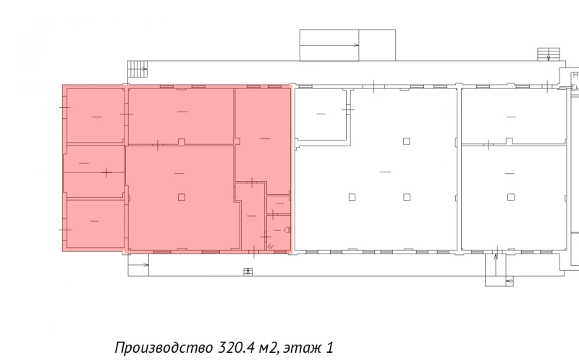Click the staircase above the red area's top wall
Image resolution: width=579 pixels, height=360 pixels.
pyautogui.click(x=137, y=69)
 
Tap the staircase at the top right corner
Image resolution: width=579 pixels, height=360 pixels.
pyautogui.click(x=546, y=54)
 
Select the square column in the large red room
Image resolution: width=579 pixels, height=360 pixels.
pyautogui.click(x=181, y=196)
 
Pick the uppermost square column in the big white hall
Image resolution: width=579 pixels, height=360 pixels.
pyautogui.click(x=407, y=141)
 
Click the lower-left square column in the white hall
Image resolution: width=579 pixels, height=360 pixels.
pyautogui.click(x=352, y=196)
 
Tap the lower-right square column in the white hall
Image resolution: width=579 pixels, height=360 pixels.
pyautogui.click(x=407, y=196)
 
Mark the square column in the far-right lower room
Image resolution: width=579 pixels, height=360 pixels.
pyautogui.click(x=511, y=196)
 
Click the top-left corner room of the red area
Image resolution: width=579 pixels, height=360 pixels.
pyautogui.click(x=94, y=115)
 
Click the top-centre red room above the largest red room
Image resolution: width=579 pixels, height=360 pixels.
pyautogui.click(x=180, y=115)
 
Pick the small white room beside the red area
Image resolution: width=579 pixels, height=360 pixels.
pyautogui.click(x=321, y=114)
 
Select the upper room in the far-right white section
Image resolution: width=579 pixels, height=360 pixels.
pyautogui.click(x=512, y=116)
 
